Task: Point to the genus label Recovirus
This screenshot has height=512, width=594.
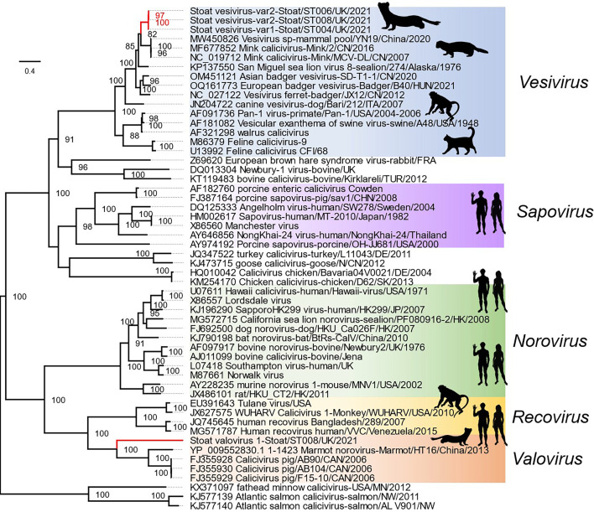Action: pos(542,416)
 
